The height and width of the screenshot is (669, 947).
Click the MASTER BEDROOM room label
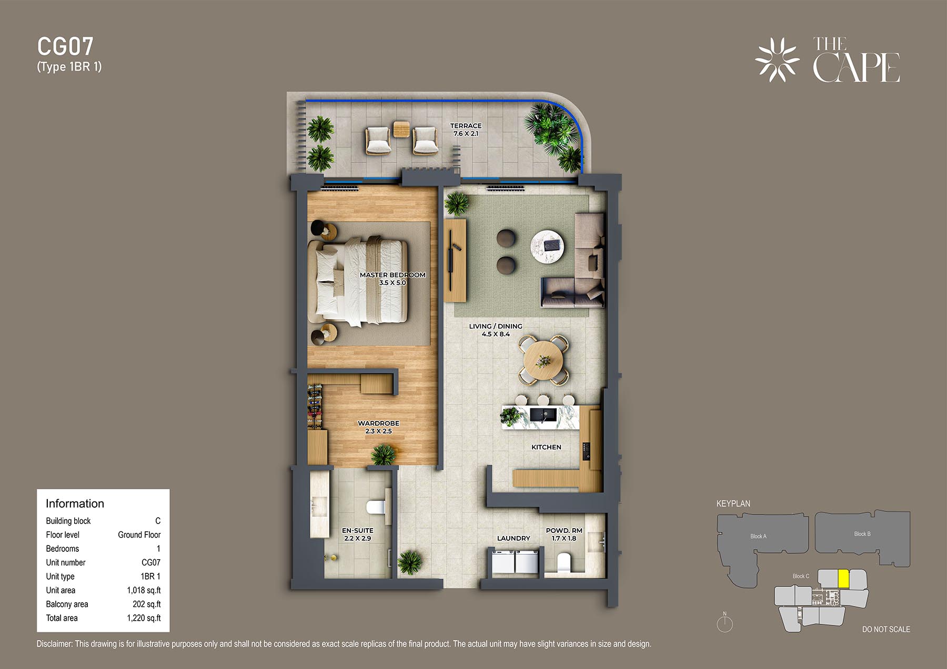pyautogui.click(x=392, y=275)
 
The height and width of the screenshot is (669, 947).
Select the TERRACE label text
pyautogui.click(x=466, y=126)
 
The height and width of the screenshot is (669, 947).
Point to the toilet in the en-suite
pyautogui.click(x=376, y=507)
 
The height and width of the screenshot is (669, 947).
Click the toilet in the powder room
pyautogui.click(x=563, y=563)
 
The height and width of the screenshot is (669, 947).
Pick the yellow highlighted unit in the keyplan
pyautogui.click(x=843, y=579)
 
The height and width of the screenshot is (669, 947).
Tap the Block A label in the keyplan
pyautogui.click(x=758, y=537)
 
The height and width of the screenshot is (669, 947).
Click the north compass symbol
pyautogui.click(x=724, y=623)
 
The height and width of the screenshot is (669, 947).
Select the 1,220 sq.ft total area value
pyautogui.click(x=144, y=618)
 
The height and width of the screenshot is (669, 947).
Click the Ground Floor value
pyautogui.click(x=139, y=534)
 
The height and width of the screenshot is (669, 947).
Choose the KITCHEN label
pyautogui.click(x=546, y=447)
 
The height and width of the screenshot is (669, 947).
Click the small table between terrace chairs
pyautogui.click(x=401, y=129)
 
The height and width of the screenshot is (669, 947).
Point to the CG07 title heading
pyautogui.click(x=65, y=47)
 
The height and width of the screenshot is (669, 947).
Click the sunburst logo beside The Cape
pyautogui.click(x=777, y=60)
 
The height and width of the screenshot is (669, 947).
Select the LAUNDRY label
pyautogui.click(x=513, y=538)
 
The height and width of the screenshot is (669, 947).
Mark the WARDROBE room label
pyautogui.click(x=378, y=423)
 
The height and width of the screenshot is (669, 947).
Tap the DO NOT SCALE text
pyautogui.click(x=886, y=629)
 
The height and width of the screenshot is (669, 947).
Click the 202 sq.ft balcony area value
pyautogui.click(x=147, y=604)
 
